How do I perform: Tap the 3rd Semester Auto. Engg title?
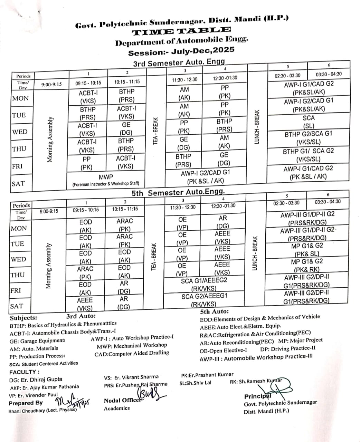[179, 63]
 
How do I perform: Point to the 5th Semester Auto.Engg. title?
[178, 192]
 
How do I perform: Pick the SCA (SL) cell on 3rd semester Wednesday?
[308, 122]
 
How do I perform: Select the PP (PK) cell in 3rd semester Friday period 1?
[86, 163]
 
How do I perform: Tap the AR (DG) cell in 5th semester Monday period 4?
[222, 222]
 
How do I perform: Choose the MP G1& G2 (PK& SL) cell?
[307, 250]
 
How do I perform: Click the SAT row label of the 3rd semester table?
[18, 183]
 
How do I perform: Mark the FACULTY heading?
[24, 372]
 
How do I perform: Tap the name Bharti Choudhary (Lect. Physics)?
[42, 411]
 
